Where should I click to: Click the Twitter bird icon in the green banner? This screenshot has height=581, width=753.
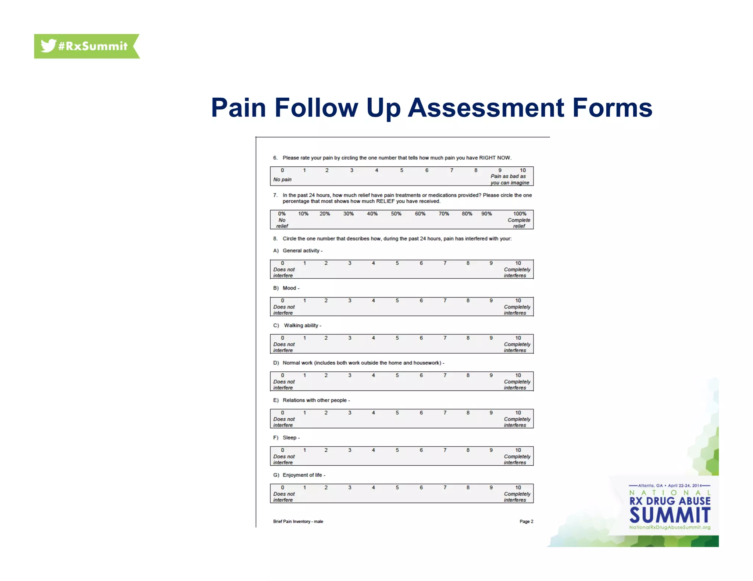48,46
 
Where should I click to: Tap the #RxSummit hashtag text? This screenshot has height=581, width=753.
93,46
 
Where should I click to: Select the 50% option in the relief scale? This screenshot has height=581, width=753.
396,214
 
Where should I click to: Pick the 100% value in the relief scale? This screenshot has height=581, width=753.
520,214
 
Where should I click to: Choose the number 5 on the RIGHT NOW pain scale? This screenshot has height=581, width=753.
402,170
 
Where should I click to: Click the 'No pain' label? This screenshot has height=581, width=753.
282,180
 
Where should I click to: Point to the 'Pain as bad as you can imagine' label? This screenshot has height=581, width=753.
509,180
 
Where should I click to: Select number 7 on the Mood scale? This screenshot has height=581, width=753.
445,301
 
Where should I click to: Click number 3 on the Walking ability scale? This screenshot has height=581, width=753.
350,338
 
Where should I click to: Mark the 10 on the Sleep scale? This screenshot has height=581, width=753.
518,450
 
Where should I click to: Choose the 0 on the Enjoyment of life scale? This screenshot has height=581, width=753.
282,488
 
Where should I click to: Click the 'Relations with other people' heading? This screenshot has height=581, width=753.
315,400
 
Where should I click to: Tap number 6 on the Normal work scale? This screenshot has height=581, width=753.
421,376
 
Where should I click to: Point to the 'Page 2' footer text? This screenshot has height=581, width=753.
526,522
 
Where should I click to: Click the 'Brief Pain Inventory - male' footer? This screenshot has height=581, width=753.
298,522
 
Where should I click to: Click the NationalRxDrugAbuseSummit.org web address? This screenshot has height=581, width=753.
670,527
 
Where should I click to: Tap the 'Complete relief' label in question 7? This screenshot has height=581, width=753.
519,223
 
